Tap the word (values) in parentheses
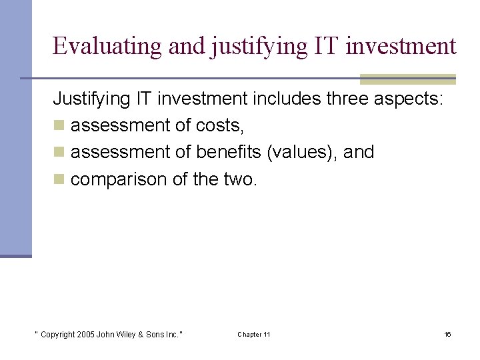[305, 153]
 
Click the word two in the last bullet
[242, 179]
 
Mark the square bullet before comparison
[59, 179]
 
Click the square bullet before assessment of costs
[59, 126]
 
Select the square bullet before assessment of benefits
[59, 153]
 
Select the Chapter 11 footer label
[254, 334]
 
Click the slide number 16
[447, 334]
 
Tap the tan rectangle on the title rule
[407, 79]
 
